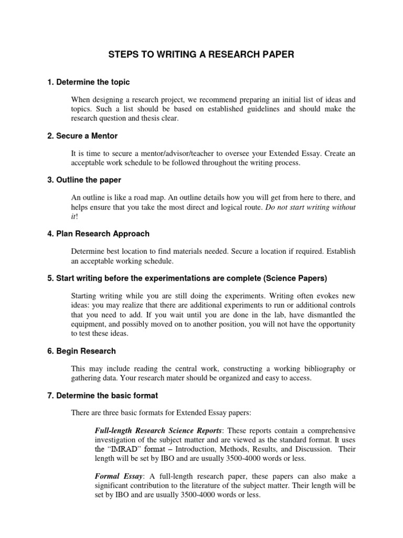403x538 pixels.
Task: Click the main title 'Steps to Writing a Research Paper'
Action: pos(201,54)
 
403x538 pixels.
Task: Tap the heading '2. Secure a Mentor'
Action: pos(82,136)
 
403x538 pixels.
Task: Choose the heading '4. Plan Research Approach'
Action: pos(98,233)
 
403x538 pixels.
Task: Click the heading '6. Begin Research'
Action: pos(81,350)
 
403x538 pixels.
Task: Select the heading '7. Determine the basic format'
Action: pos(102,395)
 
